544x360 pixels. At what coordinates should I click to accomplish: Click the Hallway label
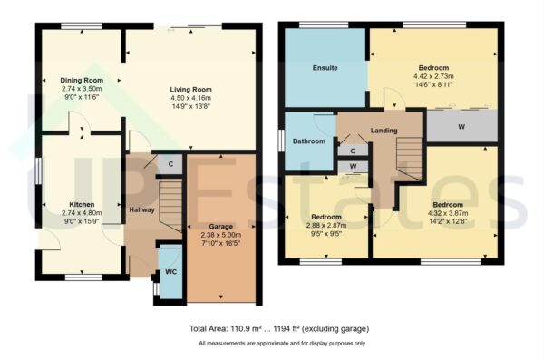pos(141,210)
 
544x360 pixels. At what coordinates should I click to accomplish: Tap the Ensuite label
pos(325,68)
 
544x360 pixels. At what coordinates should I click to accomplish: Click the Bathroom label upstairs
pos(309,141)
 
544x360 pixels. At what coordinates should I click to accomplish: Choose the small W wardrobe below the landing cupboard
pos(353,167)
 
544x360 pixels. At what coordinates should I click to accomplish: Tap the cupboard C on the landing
pos(353,151)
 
